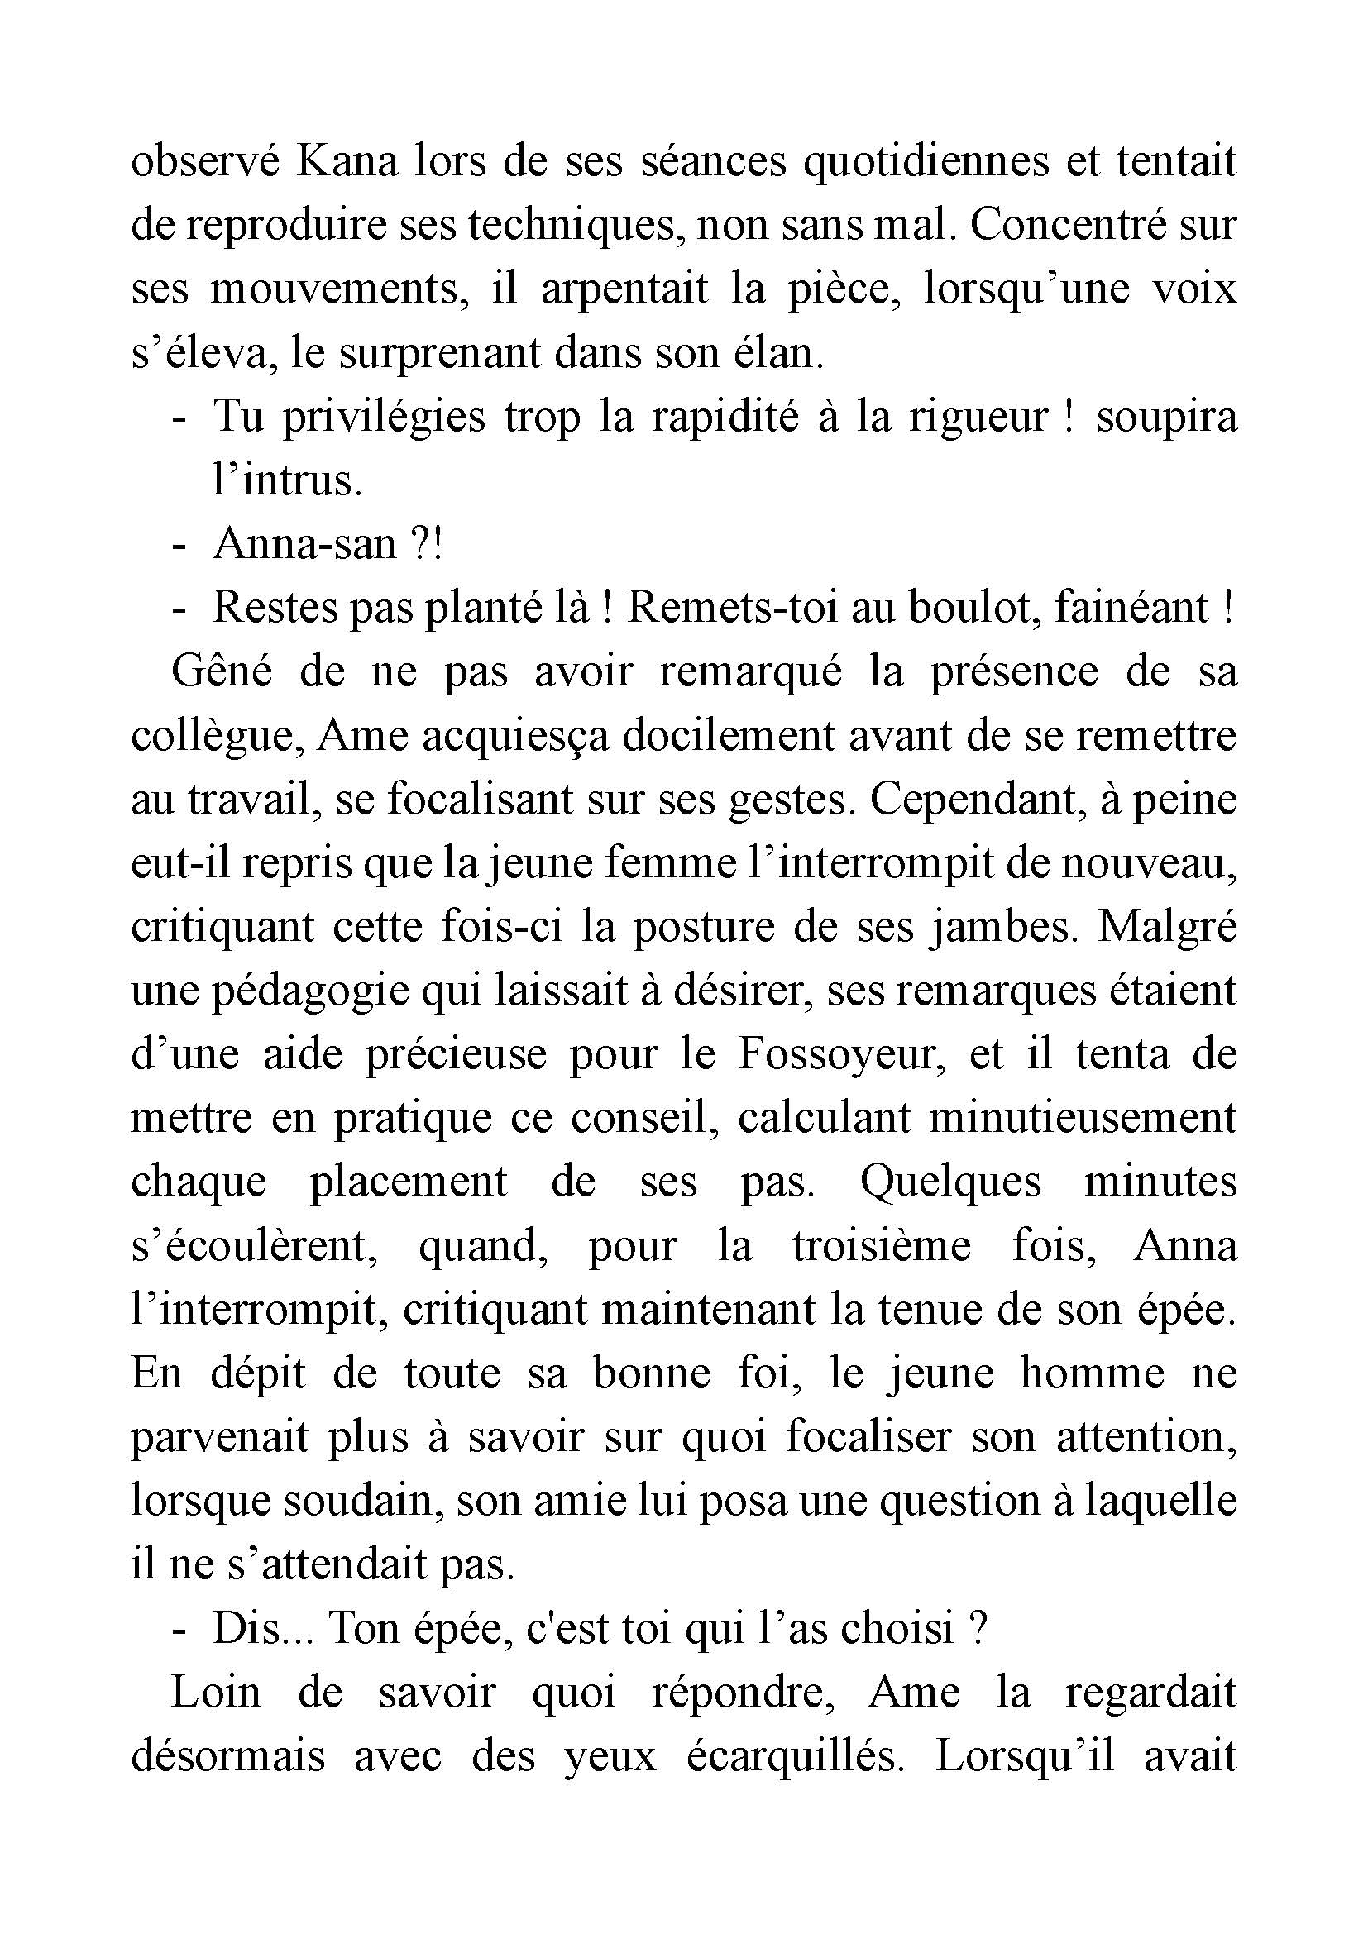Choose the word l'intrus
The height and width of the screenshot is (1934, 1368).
pyautogui.click(x=286, y=481)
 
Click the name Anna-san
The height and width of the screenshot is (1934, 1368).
pyautogui.click(x=304, y=545)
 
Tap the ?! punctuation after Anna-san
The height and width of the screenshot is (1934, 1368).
pyautogui.click(x=425, y=545)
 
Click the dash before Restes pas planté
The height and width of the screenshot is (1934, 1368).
pyautogui.click(x=178, y=609)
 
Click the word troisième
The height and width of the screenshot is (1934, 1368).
pyautogui.click(x=881, y=1248)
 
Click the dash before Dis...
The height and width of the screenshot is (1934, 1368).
pyautogui.click(x=178, y=1631)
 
